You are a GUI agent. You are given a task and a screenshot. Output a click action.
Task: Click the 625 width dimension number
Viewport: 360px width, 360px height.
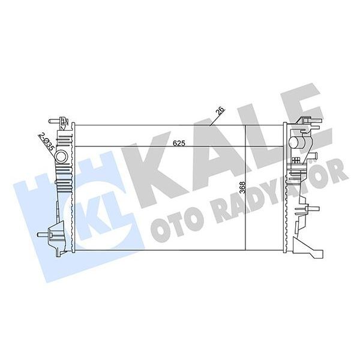(x=178, y=143)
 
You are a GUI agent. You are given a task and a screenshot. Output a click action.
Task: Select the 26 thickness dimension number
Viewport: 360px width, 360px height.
(x=220, y=112)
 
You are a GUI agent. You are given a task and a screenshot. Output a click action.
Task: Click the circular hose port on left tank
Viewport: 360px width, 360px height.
(x=61, y=158)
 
